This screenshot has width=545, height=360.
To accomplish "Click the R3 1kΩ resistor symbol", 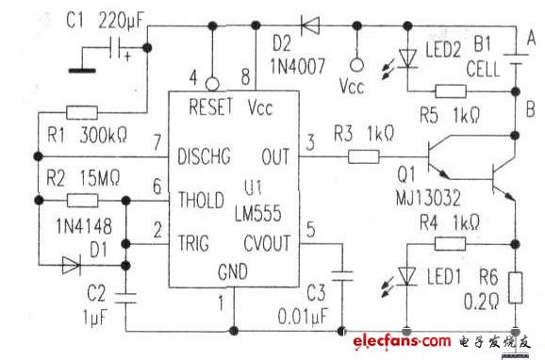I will coord(362,155).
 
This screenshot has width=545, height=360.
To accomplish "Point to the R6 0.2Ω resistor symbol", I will coord(517,286).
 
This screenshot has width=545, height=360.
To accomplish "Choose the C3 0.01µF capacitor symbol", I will coord(344,275).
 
